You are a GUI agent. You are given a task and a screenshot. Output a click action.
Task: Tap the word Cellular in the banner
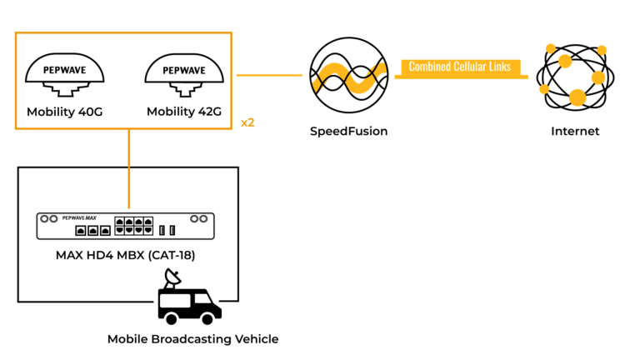(x=471, y=67)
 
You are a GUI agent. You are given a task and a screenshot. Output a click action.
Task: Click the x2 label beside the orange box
(x=247, y=122)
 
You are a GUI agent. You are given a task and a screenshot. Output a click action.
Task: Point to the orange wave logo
(x=349, y=77)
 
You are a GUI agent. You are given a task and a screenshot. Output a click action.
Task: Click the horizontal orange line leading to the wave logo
(x=269, y=75)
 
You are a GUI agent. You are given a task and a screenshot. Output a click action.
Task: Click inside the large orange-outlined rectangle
(x=123, y=80)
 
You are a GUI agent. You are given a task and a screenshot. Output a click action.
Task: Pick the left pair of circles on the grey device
(x=50, y=218)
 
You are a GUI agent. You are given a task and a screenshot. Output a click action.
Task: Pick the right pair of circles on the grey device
(x=198, y=218)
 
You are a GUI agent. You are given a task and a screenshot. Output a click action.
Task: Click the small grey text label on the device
(x=79, y=217)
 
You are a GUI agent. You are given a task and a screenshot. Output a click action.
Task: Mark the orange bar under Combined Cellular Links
(x=461, y=77)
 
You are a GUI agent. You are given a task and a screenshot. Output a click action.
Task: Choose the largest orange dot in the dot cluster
(x=577, y=97)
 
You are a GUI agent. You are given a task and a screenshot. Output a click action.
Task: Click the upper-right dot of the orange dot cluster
(x=602, y=50)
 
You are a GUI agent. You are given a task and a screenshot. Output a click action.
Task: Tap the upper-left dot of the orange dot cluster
(x=550, y=48)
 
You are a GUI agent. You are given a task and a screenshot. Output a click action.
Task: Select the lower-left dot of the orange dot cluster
(x=544, y=89)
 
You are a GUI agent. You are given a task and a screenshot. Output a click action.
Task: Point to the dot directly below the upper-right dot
(x=598, y=77)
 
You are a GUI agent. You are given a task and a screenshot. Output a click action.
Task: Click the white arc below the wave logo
(x=349, y=112)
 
